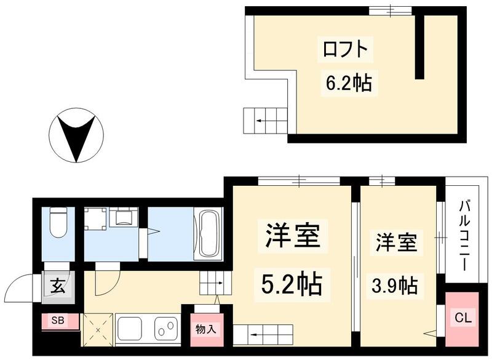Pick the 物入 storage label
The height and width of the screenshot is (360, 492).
(x=205, y=329)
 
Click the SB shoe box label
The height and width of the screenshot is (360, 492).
(x=57, y=321)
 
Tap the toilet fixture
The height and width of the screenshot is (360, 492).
(x=59, y=224)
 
